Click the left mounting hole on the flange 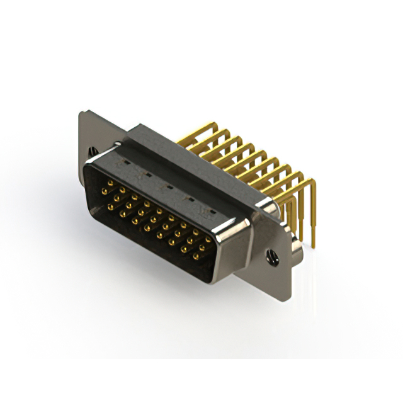94,152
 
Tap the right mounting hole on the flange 272,256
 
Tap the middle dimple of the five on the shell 168,186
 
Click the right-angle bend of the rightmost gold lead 312,183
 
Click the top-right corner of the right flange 293,234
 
